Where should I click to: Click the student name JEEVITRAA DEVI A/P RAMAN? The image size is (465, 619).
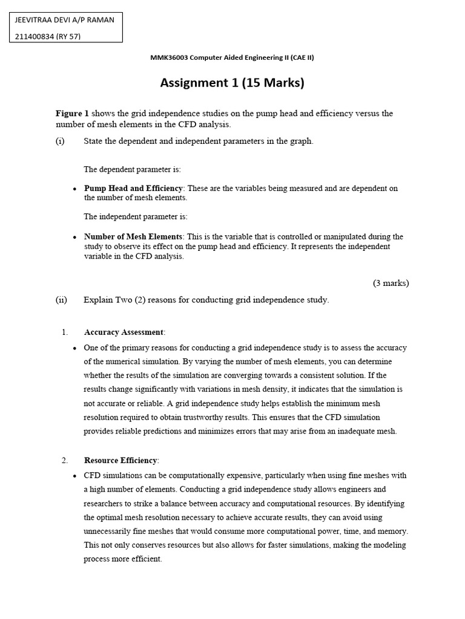[65, 19]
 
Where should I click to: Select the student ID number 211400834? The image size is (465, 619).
[34, 36]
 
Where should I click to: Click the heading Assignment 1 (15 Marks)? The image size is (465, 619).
[232, 83]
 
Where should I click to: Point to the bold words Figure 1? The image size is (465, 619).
[72, 113]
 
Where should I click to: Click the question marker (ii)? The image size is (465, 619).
[61, 300]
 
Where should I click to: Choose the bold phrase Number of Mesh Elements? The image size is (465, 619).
[133, 236]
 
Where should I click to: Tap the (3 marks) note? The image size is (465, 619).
[391, 283]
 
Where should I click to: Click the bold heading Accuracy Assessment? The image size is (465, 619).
[124, 332]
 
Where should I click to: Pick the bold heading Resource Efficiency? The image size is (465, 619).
[120, 460]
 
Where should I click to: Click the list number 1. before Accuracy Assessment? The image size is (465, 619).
[65, 332]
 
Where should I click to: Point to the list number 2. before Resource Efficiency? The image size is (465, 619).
[65, 460]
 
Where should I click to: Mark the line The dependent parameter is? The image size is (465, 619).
[132, 169]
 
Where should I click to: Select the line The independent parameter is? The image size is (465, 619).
[136, 216]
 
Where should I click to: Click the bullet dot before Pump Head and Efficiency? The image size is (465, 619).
[74, 189]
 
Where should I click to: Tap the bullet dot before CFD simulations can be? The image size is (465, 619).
[74, 476]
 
